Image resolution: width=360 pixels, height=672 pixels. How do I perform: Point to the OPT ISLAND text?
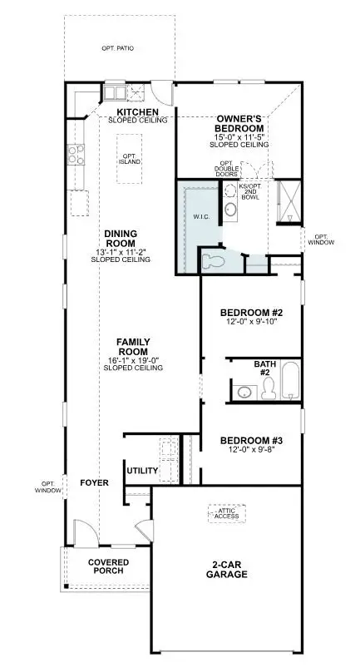point(129,159)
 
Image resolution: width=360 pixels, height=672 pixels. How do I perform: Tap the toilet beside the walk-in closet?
point(215,262)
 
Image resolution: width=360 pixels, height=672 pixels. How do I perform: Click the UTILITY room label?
point(142,471)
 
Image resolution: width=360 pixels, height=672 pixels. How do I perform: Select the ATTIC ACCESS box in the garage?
point(226,513)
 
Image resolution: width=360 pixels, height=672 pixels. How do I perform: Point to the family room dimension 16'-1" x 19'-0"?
point(132,360)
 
